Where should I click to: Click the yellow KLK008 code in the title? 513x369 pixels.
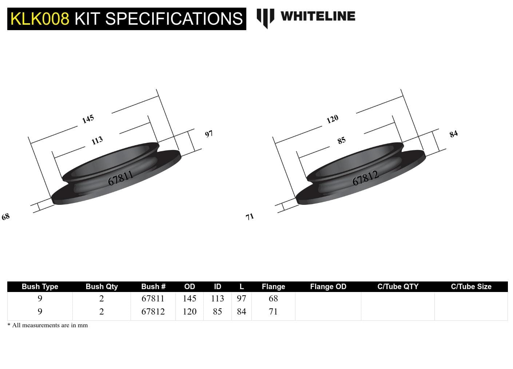point(40,19)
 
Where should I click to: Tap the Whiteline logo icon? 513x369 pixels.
point(265,17)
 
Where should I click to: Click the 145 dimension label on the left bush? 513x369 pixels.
point(88,119)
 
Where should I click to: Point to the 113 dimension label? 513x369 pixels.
point(97,141)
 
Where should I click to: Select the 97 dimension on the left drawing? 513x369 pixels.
point(209,134)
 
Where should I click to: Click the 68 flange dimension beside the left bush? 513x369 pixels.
point(6,217)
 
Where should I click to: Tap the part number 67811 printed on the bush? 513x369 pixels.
point(121,178)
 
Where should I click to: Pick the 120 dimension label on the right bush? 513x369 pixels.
point(333,119)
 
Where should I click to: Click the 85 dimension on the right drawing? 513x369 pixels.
point(341,141)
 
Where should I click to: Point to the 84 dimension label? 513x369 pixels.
point(453,134)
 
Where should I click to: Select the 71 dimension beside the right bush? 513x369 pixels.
point(250,217)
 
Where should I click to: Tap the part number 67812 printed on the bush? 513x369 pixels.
point(365,178)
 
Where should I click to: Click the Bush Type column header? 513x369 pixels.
point(40,287)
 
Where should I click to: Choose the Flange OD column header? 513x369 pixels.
point(328,287)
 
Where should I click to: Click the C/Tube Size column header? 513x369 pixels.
point(471,287)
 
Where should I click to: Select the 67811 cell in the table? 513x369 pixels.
point(153,299)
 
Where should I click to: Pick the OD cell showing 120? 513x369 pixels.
point(190,312)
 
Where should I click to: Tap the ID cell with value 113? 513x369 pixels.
point(218,299)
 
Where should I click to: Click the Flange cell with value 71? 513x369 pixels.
point(273,312)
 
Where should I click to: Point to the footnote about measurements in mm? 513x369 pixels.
point(48,325)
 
